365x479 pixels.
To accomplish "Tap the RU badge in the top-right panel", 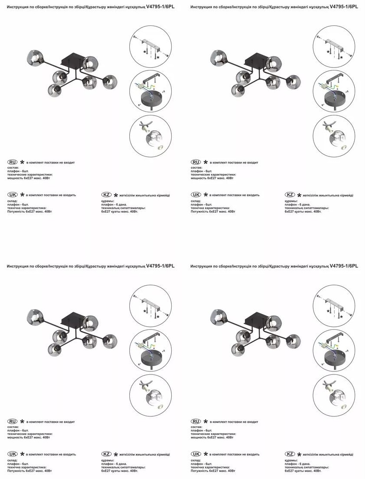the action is click(x=196, y=162).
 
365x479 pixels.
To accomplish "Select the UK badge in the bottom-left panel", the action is click(x=13, y=453).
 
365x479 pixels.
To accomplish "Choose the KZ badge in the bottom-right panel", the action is click(x=290, y=453).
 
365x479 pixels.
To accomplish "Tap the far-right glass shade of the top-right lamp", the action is click(x=293, y=82).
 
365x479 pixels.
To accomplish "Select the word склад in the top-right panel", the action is click(x=196, y=201).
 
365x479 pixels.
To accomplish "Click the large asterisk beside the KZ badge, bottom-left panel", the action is click(x=116, y=454).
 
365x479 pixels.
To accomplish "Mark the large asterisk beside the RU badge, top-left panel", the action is click(x=22, y=162).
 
